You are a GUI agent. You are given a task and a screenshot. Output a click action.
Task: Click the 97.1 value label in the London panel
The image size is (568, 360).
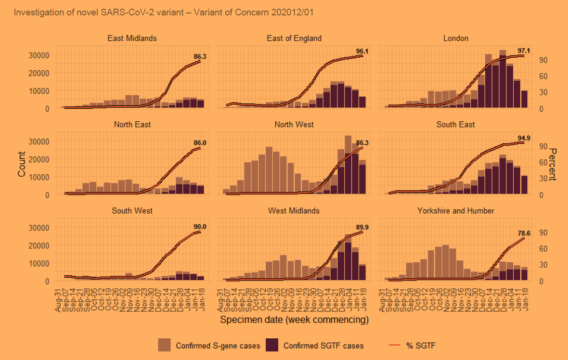pyautogui.click(x=524, y=51)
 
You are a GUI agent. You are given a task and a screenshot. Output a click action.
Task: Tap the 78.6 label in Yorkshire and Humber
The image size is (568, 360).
pyautogui.click(x=524, y=233)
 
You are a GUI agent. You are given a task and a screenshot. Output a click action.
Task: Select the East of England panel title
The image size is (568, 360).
pyautogui.click(x=294, y=39)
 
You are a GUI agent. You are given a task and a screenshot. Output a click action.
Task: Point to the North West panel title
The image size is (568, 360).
pyautogui.click(x=294, y=125)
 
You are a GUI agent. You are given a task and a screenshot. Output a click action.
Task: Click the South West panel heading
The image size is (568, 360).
pyautogui.click(x=132, y=211)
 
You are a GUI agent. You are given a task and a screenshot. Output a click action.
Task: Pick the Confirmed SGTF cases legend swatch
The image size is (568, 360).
pyautogui.click(x=272, y=345)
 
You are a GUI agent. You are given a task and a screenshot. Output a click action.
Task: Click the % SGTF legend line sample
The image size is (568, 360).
pyautogui.click(x=394, y=345)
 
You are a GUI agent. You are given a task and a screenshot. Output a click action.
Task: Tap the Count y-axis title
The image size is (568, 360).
pyautogui.click(x=22, y=164)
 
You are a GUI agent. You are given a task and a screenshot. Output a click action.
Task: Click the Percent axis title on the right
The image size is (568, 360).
pyautogui.click(x=554, y=164)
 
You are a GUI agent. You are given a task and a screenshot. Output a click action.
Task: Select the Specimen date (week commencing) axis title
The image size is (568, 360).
pyautogui.click(x=294, y=320)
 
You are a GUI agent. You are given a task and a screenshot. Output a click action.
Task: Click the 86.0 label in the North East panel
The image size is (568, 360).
pyautogui.click(x=200, y=143)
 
